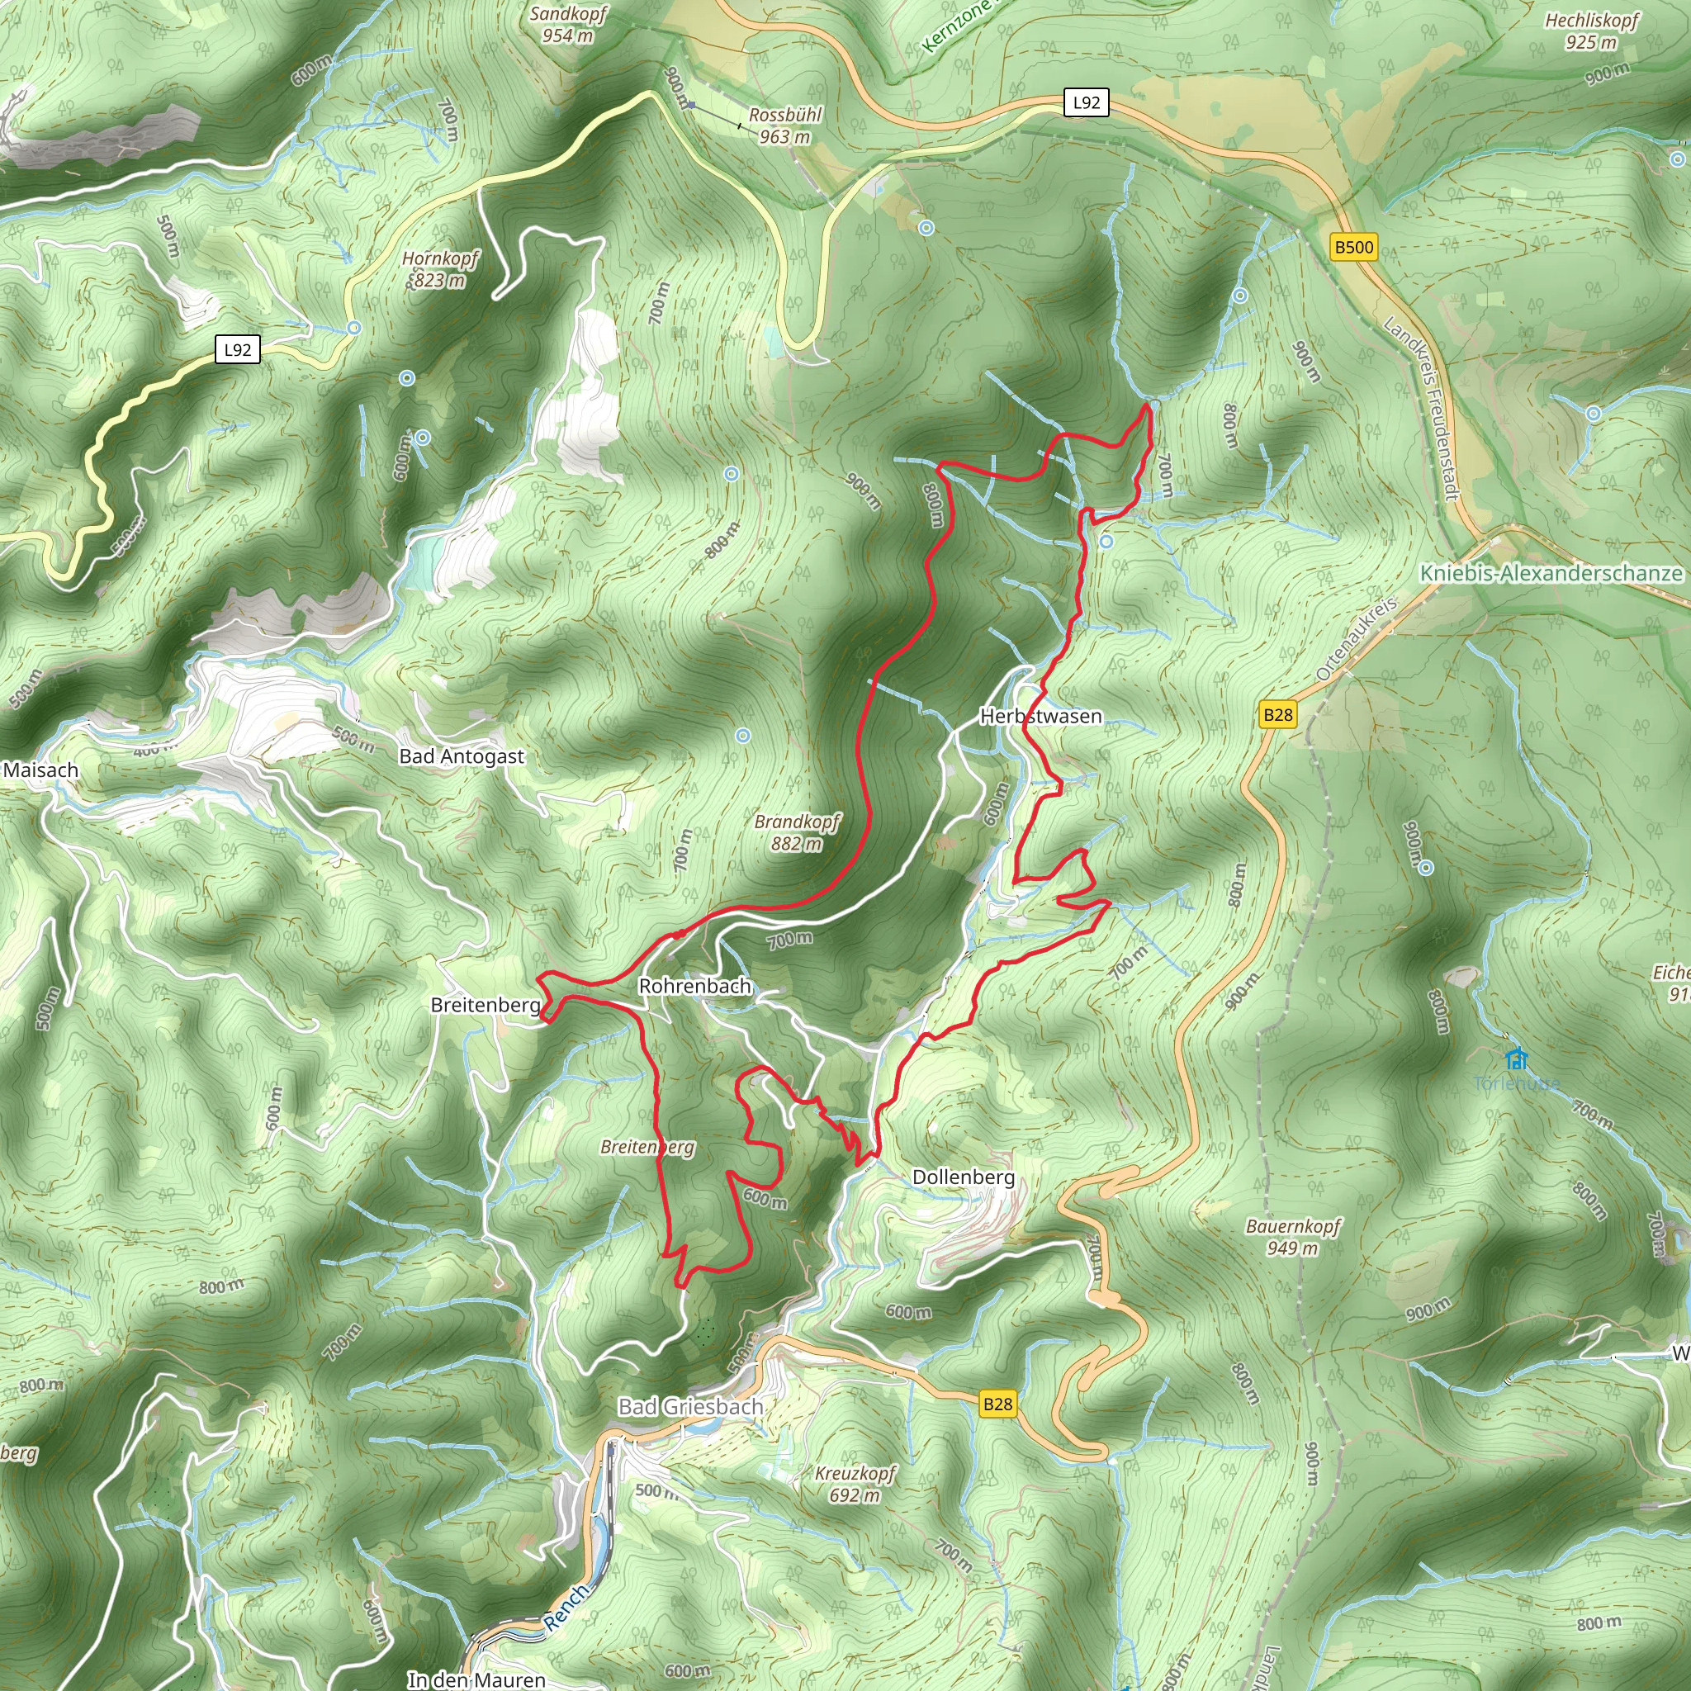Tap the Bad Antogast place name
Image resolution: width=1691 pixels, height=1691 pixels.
462,756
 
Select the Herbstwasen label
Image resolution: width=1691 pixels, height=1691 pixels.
1040,716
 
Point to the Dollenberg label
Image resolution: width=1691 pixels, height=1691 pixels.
964,1177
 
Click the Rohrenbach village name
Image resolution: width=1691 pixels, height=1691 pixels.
695,987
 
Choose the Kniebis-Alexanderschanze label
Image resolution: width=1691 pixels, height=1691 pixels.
1551,573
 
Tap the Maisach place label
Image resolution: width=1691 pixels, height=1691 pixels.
41,770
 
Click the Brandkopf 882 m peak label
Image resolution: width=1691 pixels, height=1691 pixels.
797,832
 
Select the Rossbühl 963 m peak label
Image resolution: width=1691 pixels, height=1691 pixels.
785,126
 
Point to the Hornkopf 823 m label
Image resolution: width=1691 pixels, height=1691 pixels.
440,268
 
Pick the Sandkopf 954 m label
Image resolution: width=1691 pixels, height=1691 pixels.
568,25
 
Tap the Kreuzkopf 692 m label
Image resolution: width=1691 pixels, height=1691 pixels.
855,1484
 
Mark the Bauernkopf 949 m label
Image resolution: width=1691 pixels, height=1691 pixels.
1293,1237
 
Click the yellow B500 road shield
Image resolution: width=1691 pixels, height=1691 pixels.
1354,247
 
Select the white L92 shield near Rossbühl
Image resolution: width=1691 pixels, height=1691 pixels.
1087,102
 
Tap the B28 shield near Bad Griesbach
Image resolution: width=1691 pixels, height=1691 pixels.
997,1404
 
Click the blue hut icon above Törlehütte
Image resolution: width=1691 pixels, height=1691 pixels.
1517,1059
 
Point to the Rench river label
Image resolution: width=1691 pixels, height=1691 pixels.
566,1608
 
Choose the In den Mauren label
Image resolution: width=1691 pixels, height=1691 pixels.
476,1679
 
